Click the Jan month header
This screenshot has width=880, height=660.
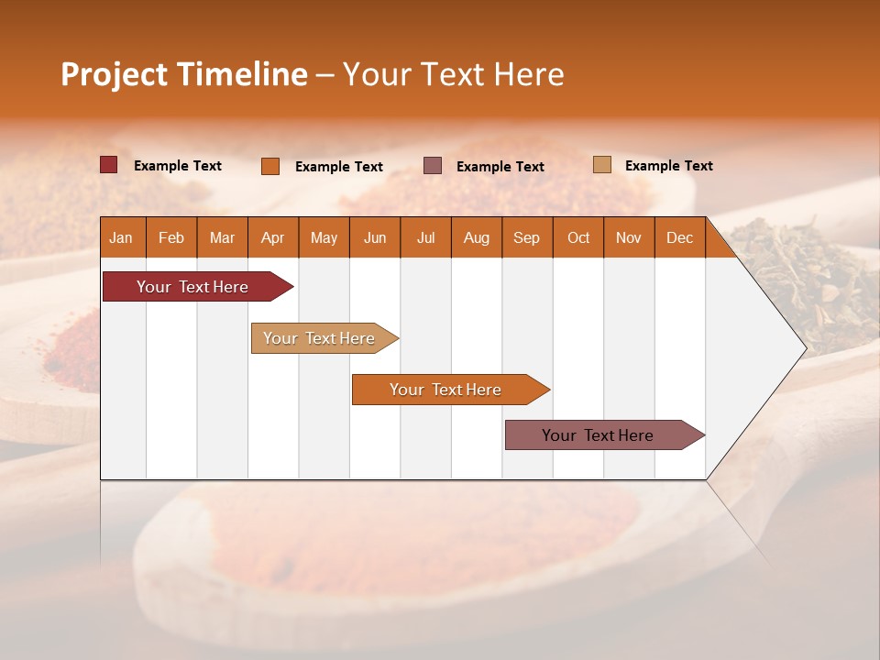tap(121, 237)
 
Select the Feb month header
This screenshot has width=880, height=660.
tap(171, 237)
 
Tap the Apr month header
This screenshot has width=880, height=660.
tap(272, 237)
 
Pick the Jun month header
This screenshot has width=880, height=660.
tap(375, 237)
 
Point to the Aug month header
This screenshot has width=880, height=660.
tap(476, 237)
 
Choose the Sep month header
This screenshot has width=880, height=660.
tap(526, 237)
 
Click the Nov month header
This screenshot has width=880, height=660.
tap(628, 237)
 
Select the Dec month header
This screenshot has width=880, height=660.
tap(679, 237)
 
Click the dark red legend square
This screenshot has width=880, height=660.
tap(108, 165)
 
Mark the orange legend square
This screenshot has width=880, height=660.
tap(270, 166)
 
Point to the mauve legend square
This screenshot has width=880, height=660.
tap(433, 166)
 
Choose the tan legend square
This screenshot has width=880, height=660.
tap(602, 165)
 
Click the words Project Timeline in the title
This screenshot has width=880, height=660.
tap(183, 74)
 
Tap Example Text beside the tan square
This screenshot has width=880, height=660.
tap(668, 166)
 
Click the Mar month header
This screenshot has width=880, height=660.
tap(222, 237)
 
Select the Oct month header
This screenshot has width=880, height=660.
tap(577, 237)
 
